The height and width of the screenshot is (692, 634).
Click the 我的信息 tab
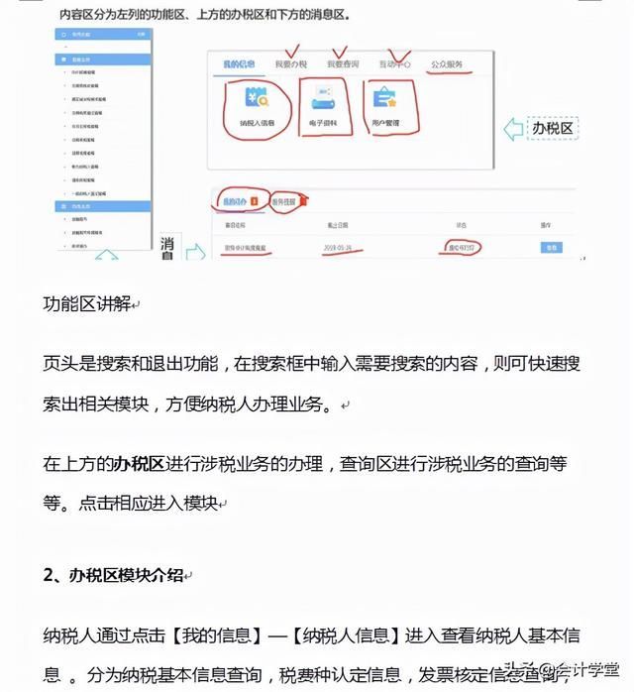pos(238,64)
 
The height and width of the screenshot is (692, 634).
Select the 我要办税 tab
pos(291,64)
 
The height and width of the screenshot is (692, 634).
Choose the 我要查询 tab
pos(345,64)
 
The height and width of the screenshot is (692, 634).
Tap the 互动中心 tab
pos(396,64)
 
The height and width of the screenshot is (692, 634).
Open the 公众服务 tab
pos(447,64)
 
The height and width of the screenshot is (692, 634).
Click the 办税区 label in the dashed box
pos(553,129)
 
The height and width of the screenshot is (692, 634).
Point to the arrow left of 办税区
pos(513,129)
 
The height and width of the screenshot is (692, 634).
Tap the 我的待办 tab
pos(238,200)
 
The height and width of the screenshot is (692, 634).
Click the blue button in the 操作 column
pos(552,247)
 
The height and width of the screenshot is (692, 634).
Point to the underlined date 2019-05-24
pos(325,247)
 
